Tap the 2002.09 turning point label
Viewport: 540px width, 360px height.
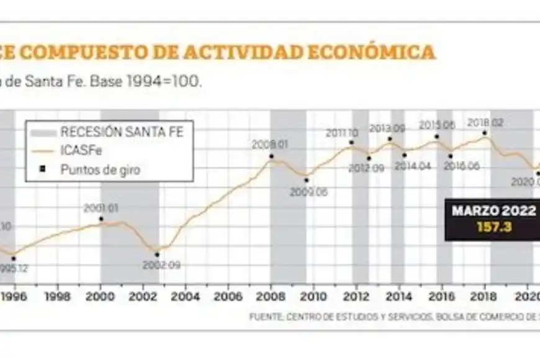tap(161, 264)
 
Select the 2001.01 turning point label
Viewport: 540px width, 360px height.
tap(101, 208)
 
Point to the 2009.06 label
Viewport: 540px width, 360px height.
tap(308, 192)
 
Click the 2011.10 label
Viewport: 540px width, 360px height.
tap(342, 133)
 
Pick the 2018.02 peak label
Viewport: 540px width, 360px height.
tap(485, 123)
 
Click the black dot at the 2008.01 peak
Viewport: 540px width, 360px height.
tap(271, 156)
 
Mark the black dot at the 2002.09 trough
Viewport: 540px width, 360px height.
tap(156, 254)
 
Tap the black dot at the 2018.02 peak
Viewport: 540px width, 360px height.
tap(484, 133)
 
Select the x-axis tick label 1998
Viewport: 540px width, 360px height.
tap(58, 296)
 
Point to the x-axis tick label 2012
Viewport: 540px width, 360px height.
tap(356, 296)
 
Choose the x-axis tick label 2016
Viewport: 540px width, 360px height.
tap(442, 296)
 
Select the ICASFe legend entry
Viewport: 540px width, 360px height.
tap(78, 150)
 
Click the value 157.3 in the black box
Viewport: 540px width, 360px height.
tap(493, 227)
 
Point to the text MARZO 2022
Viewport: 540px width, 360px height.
tap(493, 211)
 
